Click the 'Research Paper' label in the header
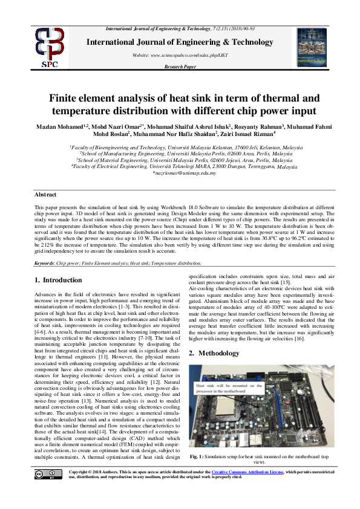pos(180,66)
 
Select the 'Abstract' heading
pos(45,195)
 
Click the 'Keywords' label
pos(44,264)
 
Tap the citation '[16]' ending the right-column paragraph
pos(304,340)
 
